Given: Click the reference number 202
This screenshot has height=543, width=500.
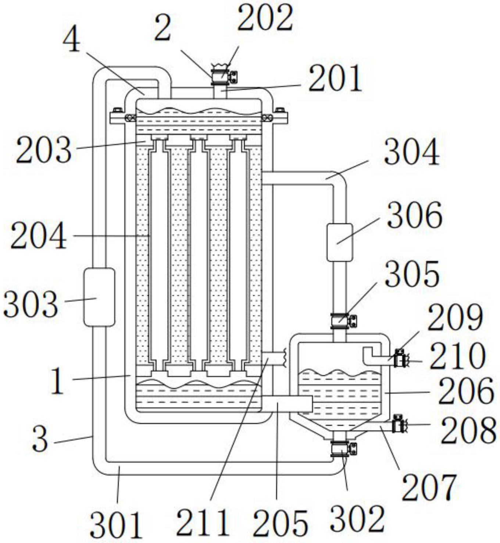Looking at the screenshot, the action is pos(265,21).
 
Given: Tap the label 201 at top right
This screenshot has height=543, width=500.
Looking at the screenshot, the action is pos(335,79).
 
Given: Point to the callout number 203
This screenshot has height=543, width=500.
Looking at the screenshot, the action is pos(44,149).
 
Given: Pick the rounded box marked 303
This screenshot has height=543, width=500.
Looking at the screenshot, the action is pos(99,297).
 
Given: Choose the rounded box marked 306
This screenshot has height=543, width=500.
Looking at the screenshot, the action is pos(340,242).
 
